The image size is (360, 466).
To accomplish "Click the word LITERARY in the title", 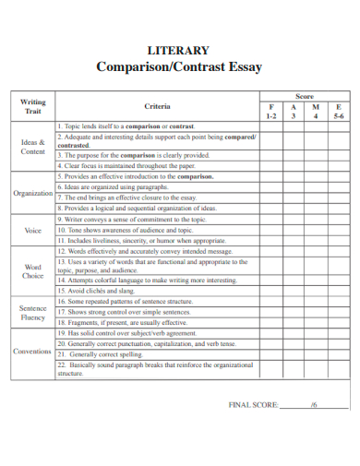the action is click(179, 51).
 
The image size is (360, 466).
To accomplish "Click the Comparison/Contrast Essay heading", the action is click(179, 67).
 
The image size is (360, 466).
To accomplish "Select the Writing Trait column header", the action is click(33, 106).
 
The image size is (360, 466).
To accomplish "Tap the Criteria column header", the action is click(157, 107).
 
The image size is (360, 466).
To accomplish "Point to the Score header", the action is click(305, 96).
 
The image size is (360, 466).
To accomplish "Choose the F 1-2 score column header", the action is click(270, 112).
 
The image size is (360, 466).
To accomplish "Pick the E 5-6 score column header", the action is click(339, 112).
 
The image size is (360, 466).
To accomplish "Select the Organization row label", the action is click(33, 194).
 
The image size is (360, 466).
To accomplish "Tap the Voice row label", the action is click(33, 231).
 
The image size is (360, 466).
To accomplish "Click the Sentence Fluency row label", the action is click(33, 313).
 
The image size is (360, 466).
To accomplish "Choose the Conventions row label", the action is click(33, 352).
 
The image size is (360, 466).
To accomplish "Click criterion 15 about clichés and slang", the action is click(102, 291).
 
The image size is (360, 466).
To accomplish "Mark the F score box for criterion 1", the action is click(270, 125).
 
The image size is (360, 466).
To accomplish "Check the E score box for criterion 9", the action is click(339, 220).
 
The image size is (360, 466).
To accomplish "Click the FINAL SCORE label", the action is click(252, 404).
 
